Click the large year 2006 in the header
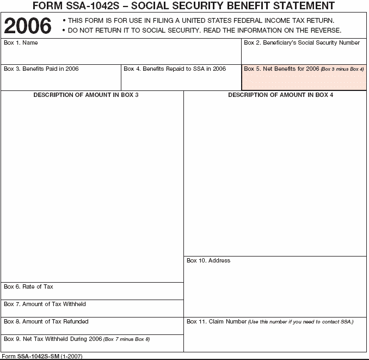tap(28, 25)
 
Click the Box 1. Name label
tap(21, 42)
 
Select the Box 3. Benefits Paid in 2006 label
tap(41, 69)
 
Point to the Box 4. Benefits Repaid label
tap(175, 69)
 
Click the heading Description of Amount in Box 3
tap(86, 95)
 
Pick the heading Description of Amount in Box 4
tap(280, 95)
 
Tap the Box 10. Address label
tap(208, 260)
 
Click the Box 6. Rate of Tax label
tap(28, 286)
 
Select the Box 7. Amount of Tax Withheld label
tap(45, 304)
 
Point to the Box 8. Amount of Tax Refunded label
tap(46, 321)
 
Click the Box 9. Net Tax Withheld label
tap(53, 339)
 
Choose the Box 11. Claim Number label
tap(217, 321)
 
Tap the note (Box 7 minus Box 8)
tap(127, 339)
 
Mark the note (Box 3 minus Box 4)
tap(342, 70)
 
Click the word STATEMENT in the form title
tap(303, 6)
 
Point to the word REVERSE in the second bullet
tap(323, 30)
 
